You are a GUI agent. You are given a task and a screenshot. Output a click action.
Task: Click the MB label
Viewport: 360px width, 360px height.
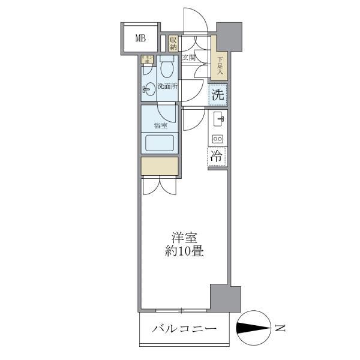pyautogui.click(x=140, y=39)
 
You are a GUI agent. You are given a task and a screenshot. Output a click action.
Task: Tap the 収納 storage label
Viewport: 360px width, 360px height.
pyautogui.click(x=173, y=43)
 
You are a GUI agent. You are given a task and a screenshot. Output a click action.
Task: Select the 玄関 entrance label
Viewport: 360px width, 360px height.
pyautogui.click(x=190, y=58)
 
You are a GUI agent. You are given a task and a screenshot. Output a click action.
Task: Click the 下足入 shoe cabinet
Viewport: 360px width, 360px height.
pyautogui.click(x=220, y=65)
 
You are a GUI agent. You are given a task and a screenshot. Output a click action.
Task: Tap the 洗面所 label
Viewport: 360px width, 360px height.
pyautogui.click(x=167, y=86)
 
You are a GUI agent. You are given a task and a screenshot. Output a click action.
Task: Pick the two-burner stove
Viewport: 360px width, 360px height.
pyautogui.click(x=218, y=139)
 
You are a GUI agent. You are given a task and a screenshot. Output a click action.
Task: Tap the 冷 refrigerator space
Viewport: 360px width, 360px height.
pyautogui.click(x=217, y=156)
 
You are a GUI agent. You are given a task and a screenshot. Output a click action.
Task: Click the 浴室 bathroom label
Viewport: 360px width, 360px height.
pyautogui.click(x=160, y=125)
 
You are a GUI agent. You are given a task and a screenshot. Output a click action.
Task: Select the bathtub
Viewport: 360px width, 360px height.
pyautogui.click(x=160, y=143)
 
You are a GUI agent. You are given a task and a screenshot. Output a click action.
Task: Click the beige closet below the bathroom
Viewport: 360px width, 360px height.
pyautogui.click(x=160, y=166)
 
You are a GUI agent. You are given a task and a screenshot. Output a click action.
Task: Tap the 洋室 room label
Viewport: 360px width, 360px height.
pyautogui.click(x=185, y=238)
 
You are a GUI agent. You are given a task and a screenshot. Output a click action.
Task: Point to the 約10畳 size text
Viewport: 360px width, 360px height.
pyautogui.click(x=185, y=251)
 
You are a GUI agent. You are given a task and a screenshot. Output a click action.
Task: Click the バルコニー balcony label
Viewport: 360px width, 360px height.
pyautogui.click(x=184, y=329)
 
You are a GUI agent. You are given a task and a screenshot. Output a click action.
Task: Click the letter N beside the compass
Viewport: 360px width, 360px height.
pyautogui.click(x=280, y=328)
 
